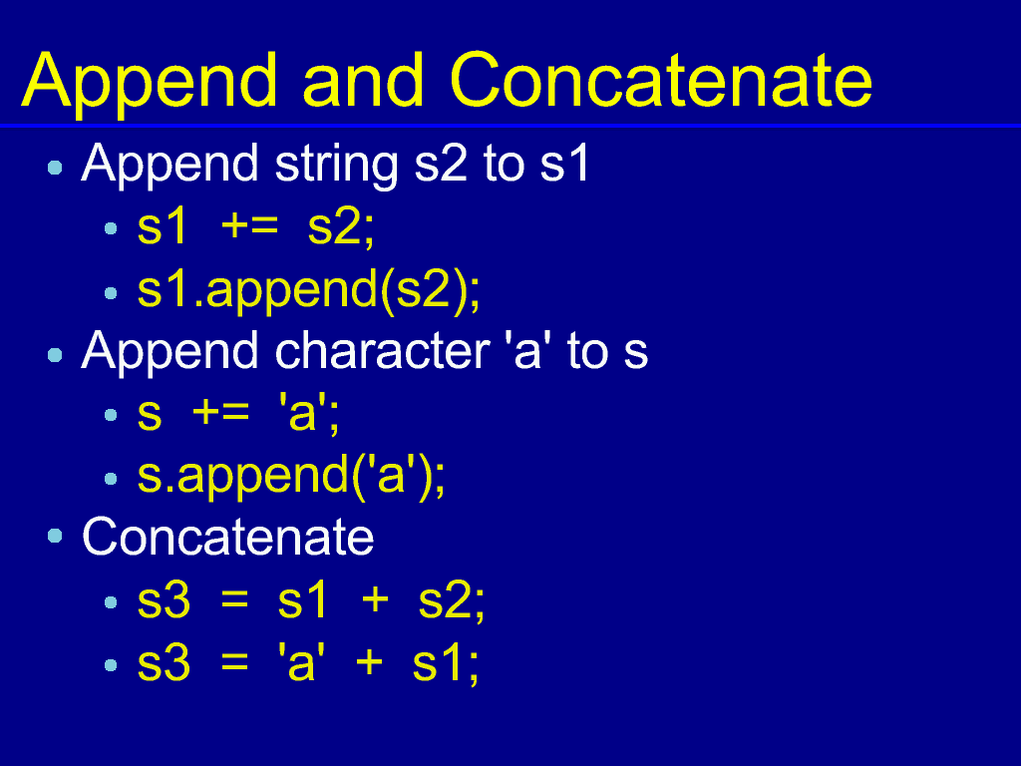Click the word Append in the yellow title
point(150,84)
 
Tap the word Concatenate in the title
point(661,80)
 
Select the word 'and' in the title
point(364,80)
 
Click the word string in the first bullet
point(336,166)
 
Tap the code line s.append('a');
point(291,478)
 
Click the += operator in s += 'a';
point(220,413)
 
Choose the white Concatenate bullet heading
point(228,537)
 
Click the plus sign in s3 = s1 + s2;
point(375,599)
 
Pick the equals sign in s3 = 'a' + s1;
point(234,662)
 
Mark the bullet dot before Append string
point(56,168)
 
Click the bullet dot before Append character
point(56,355)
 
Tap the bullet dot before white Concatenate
point(56,536)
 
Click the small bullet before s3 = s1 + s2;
point(111,602)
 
